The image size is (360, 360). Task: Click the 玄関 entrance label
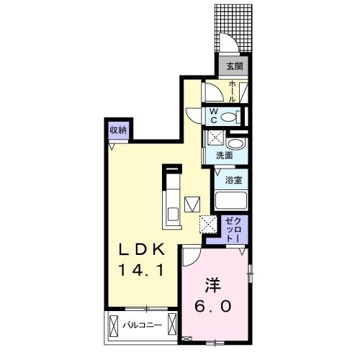[x=235, y=67]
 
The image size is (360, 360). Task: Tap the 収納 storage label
[x=119, y=130]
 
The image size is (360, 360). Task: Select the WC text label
[x=214, y=114]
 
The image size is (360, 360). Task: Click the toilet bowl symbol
[x=228, y=117]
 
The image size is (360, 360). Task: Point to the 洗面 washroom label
[x=224, y=155]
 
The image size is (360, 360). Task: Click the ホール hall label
[x=233, y=91]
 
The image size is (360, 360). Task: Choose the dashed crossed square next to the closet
[x=208, y=224]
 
